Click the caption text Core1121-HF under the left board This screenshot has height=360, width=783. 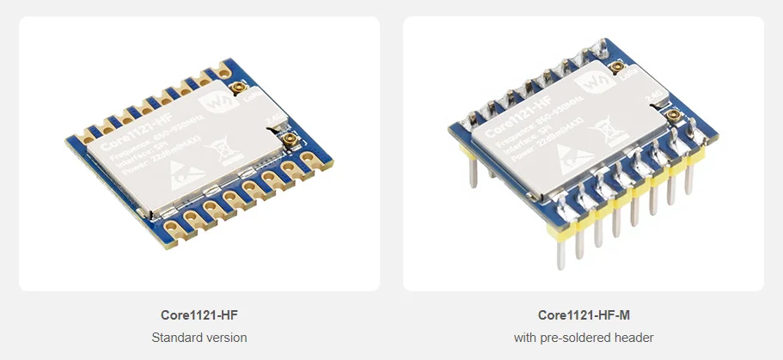pos(199,315)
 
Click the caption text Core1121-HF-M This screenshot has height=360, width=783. pos(584,315)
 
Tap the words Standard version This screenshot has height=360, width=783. pos(199,338)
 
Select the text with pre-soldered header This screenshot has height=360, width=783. pos(584,338)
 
